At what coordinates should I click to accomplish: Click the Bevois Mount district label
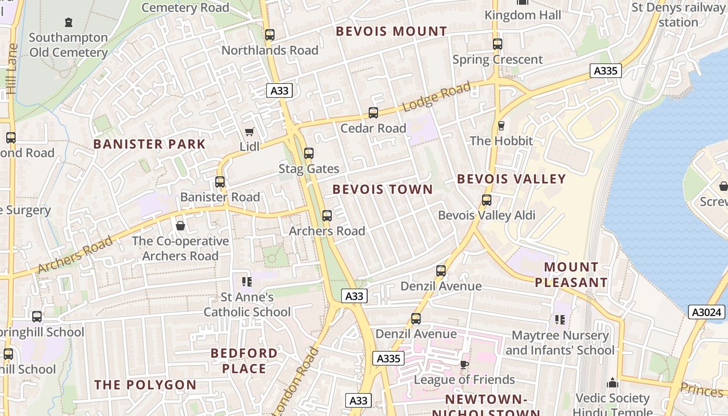point(391,31)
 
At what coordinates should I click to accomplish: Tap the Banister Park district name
point(149,144)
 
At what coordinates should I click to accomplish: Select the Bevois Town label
point(383,189)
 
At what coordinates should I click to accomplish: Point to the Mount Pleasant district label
point(571,275)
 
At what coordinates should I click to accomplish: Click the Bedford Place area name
point(244,361)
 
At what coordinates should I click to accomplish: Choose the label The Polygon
point(145,385)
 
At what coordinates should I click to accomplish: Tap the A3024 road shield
point(707,312)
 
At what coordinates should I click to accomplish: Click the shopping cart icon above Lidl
point(250,132)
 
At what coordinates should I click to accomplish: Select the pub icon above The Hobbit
point(501,125)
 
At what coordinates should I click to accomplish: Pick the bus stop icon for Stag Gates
point(309,153)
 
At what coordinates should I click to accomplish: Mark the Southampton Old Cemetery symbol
point(69,22)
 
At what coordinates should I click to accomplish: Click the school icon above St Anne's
point(247,282)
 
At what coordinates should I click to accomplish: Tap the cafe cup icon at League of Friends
point(464,365)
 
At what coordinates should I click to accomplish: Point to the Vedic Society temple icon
point(613,383)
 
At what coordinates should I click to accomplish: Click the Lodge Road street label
point(436,96)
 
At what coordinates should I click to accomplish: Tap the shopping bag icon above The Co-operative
point(180,226)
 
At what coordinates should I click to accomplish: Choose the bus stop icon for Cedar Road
point(373,113)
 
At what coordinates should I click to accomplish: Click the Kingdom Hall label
point(523,15)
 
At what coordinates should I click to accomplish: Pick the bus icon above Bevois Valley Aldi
point(487,200)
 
